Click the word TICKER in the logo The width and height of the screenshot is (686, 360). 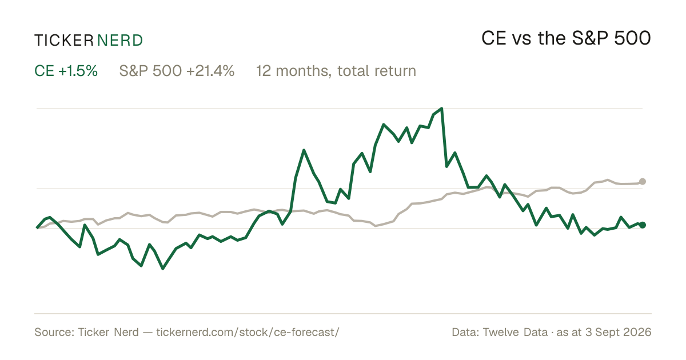pos(63,41)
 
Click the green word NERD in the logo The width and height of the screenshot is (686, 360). pos(119,41)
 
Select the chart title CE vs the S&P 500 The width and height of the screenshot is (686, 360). pos(566,38)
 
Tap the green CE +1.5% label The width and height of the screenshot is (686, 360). pos(66,71)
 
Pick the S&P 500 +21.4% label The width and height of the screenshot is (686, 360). pos(177,71)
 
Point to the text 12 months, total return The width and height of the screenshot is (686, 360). pos(336,71)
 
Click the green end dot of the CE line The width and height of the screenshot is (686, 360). pos(643,225)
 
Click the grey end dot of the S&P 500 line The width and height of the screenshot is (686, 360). pos(643,182)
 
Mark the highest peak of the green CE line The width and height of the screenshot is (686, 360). pos(441,109)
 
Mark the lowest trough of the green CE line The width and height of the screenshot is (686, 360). pos(162,269)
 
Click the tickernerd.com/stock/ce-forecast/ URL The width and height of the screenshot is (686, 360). pos(248,332)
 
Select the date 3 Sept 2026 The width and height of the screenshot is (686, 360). pos(619,332)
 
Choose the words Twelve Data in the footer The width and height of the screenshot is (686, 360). pos(515,332)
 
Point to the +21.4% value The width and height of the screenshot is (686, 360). pos(210,71)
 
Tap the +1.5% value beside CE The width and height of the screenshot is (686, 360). pos(78,71)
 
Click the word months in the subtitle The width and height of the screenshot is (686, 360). pos(304,71)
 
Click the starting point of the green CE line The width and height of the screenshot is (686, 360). pos(37,228)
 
